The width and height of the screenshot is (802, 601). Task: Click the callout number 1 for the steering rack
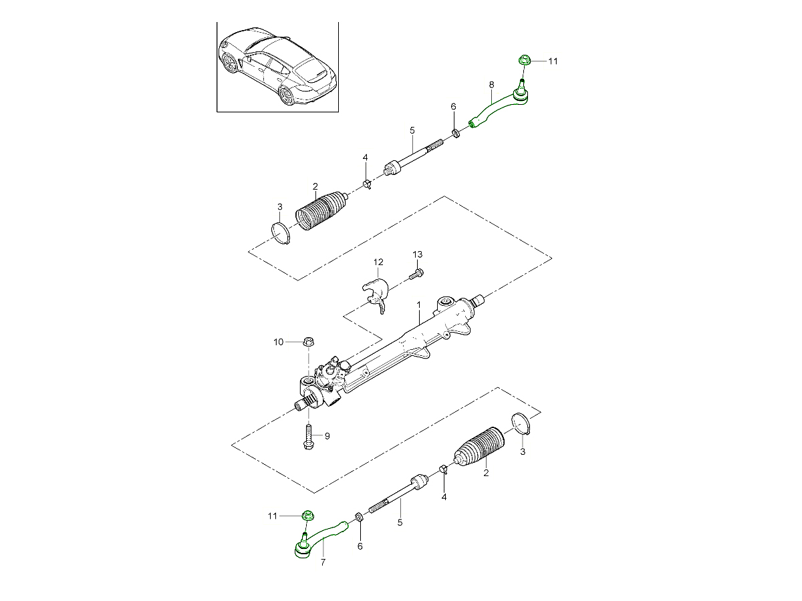click(x=419, y=305)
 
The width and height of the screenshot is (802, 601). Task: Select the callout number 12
click(x=378, y=262)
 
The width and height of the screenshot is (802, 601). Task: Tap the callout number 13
click(x=418, y=254)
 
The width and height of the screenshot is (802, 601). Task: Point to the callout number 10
click(x=279, y=342)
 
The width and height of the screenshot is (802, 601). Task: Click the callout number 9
click(x=327, y=436)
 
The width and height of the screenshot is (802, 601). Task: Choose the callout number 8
click(x=491, y=85)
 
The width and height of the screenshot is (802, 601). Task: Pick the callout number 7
click(x=323, y=562)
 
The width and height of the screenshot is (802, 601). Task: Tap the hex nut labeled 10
click(x=309, y=342)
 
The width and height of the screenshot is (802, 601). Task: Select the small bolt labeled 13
click(x=416, y=274)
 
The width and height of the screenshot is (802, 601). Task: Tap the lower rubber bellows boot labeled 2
click(x=479, y=447)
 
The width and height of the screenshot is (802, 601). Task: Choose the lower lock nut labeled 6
click(x=359, y=517)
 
